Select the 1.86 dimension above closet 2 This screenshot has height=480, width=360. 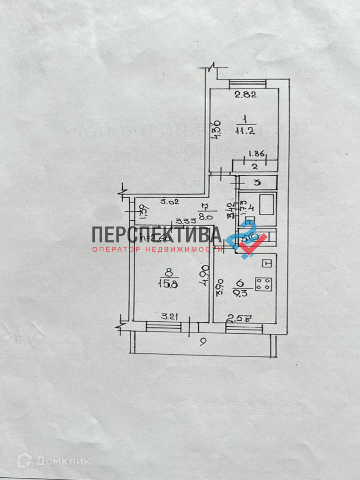tap(256, 154)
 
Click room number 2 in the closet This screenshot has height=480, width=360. tap(255, 167)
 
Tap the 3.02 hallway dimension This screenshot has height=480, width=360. tap(157, 201)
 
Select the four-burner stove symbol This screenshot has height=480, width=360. tap(264, 283)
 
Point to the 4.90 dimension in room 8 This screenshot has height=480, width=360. tap(205, 276)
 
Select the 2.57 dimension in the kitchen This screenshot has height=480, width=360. tap(236, 318)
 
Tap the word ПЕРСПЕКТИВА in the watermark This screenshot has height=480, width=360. tap(157, 234)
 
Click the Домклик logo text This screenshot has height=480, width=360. tap(63, 461)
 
